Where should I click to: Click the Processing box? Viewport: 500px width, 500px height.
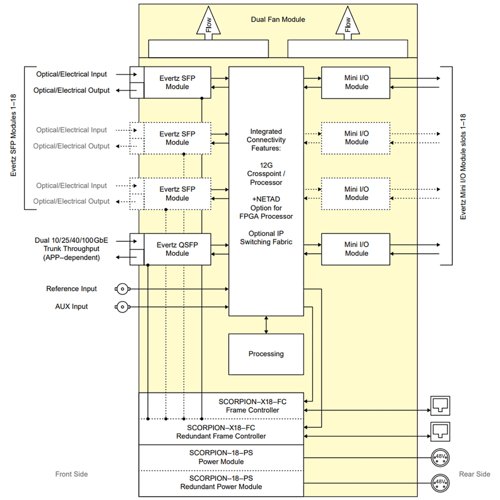click(266, 354)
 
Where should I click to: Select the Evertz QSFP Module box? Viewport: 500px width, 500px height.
click(177, 249)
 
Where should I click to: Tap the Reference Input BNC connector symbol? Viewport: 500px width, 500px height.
click(123, 289)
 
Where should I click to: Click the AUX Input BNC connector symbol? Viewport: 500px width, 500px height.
click(123, 307)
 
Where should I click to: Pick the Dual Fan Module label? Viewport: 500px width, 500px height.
click(278, 20)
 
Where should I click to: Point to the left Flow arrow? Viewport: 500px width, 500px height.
click(208, 23)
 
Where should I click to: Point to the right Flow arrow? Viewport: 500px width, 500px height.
click(347, 23)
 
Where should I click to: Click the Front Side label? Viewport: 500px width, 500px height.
click(71, 474)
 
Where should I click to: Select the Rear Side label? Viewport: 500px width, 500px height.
click(475, 474)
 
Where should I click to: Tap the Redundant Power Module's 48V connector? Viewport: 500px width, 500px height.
click(440, 483)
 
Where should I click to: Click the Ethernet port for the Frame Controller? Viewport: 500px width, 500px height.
click(440, 406)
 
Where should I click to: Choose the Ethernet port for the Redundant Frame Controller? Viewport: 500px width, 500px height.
click(440, 432)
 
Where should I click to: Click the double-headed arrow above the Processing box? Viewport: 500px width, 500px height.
click(266, 325)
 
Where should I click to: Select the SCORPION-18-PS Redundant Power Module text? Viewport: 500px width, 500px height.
click(221, 482)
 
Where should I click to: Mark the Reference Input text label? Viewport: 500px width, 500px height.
click(71, 289)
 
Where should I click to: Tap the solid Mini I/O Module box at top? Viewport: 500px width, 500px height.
click(355, 83)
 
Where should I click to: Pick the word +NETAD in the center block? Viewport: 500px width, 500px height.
click(266, 199)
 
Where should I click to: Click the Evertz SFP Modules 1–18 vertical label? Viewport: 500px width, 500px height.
click(13, 135)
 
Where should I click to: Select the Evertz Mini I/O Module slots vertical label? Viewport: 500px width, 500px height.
click(463, 166)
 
